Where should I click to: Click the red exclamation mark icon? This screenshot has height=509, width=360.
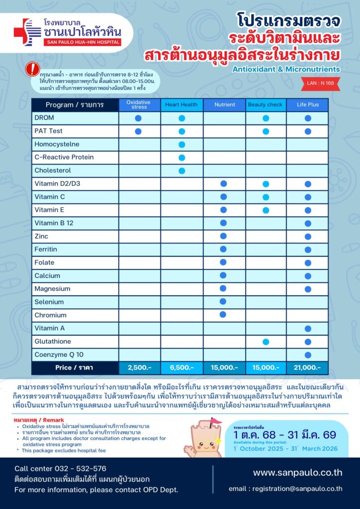[x=32, y=68]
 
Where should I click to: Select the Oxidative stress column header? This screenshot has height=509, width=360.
[x=139, y=105]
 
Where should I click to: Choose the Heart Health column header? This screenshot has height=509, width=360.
[x=181, y=105]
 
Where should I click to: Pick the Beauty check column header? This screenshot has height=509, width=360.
[x=266, y=105]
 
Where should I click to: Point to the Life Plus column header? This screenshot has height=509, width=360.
[x=307, y=105]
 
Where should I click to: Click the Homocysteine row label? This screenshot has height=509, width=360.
[x=57, y=144]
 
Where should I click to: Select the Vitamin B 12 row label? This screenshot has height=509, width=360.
[x=54, y=223]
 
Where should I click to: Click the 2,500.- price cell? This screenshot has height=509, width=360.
[x=139, y=368]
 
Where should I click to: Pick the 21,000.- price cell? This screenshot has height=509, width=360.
[x=307, y=368]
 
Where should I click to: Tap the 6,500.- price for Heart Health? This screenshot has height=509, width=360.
[x=181, y=368]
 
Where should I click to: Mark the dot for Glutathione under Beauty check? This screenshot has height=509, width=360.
[x=266, y=341]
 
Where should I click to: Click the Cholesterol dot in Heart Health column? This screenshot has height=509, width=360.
[x=181, y=170]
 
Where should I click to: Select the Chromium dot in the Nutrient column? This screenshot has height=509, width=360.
[x=223, y=315]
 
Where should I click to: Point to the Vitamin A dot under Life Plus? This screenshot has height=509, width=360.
[x=307, y=329]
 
